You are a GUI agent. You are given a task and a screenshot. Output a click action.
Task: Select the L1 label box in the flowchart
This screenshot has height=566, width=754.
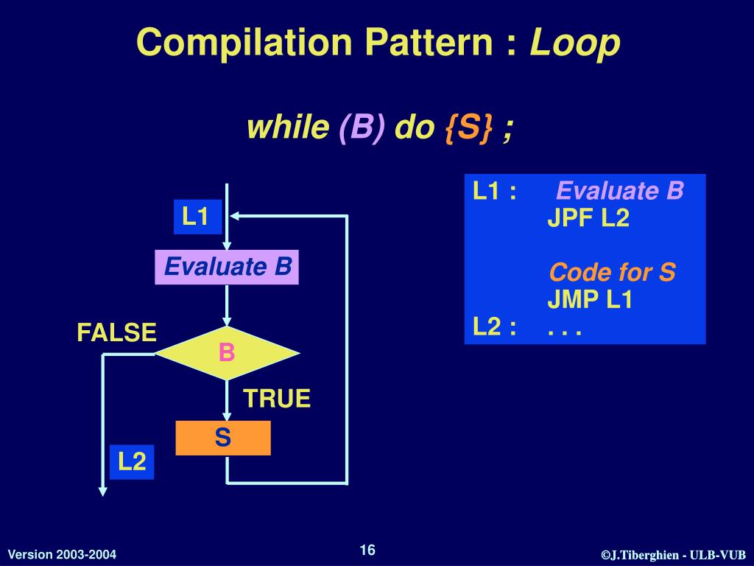[x=197, y=217]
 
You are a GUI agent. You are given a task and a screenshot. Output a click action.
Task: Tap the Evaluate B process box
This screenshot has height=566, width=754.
[x=228, y=266]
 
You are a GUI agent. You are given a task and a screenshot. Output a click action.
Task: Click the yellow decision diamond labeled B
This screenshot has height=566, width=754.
[x=227, y=354]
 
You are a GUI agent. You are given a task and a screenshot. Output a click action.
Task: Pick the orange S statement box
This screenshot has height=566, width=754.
[x=223, y=438]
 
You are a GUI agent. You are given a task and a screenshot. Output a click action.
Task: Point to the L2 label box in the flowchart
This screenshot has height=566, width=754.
[x=133, y=462]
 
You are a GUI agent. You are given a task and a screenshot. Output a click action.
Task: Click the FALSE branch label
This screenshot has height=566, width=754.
[x=117, y=332]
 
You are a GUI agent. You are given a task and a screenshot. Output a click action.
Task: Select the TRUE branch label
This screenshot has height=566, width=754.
[x=277, y=399]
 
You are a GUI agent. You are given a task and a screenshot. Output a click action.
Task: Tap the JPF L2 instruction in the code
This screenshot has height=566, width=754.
[x=588, y=218]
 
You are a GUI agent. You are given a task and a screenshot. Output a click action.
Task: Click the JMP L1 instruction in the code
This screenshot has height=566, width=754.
[x=589, y=300]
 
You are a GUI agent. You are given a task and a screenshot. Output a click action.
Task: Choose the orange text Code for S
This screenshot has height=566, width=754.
[x=612, y=273]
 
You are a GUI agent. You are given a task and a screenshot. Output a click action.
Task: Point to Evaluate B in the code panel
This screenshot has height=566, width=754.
[x=620, y=192]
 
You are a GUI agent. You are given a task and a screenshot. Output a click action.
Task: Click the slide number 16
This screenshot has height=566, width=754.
[x=367, y=551]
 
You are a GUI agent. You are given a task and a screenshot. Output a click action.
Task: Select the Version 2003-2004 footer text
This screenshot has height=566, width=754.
[x=62, y=554]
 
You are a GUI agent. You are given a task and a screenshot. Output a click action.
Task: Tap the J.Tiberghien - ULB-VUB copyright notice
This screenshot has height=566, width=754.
[x=673, y=555]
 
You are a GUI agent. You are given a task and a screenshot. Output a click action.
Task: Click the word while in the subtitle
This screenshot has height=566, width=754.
[x=288, y=129]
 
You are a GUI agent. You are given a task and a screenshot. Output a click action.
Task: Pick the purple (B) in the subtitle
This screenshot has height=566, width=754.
[x=361, y=129]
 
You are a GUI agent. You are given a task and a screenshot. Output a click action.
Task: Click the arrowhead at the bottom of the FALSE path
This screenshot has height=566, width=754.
[x=103, y=490]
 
